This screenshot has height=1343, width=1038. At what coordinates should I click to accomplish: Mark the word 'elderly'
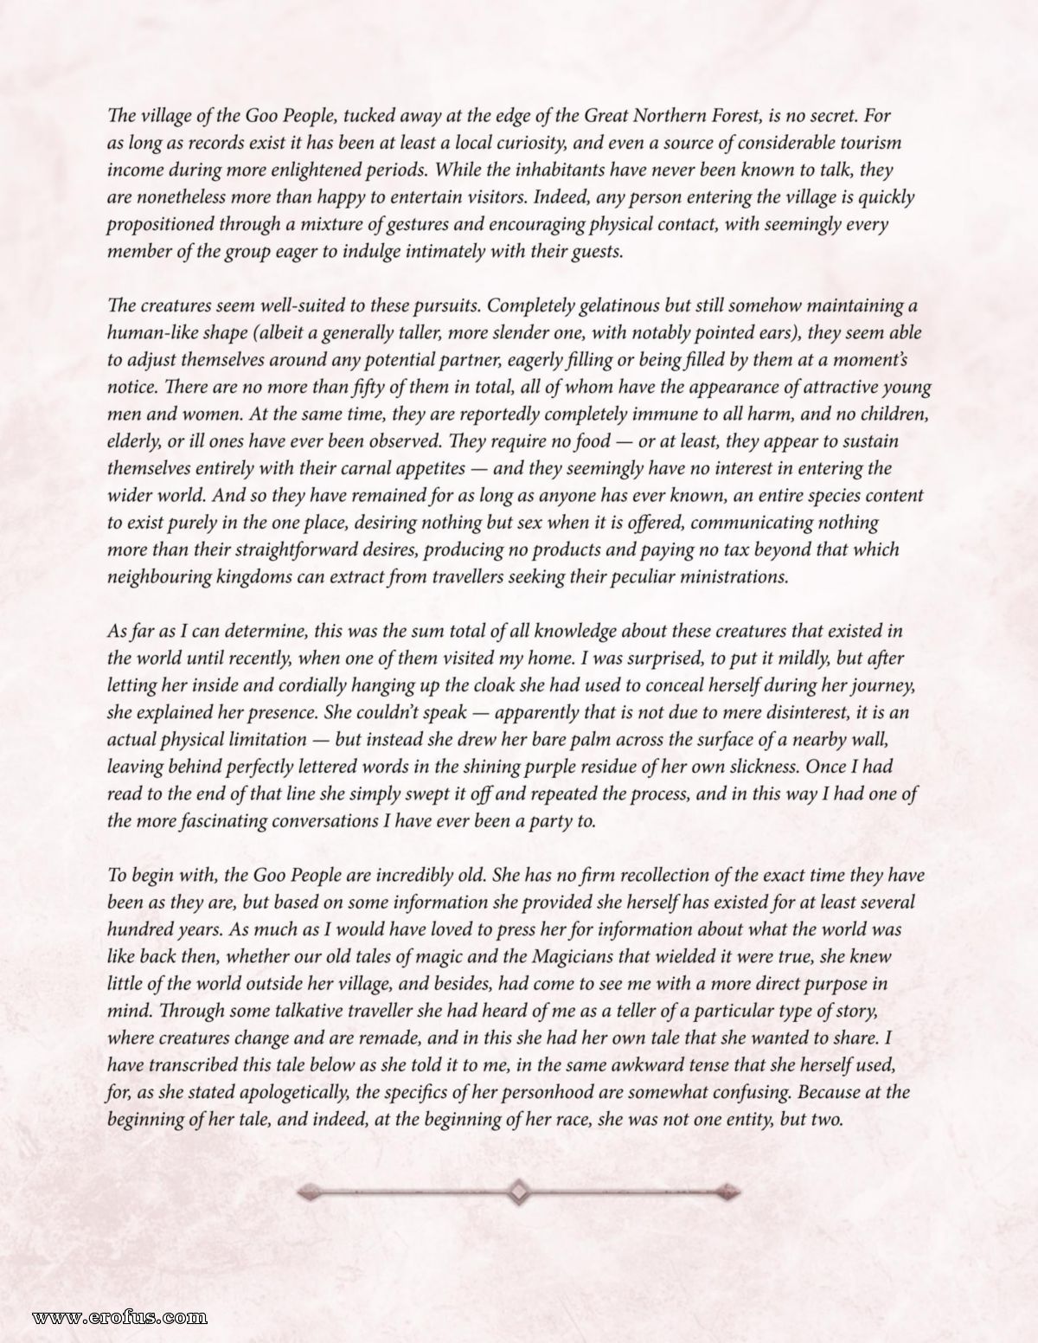(x=133, y=441)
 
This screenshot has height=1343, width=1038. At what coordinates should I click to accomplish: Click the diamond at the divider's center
(x=519, y=1192)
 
